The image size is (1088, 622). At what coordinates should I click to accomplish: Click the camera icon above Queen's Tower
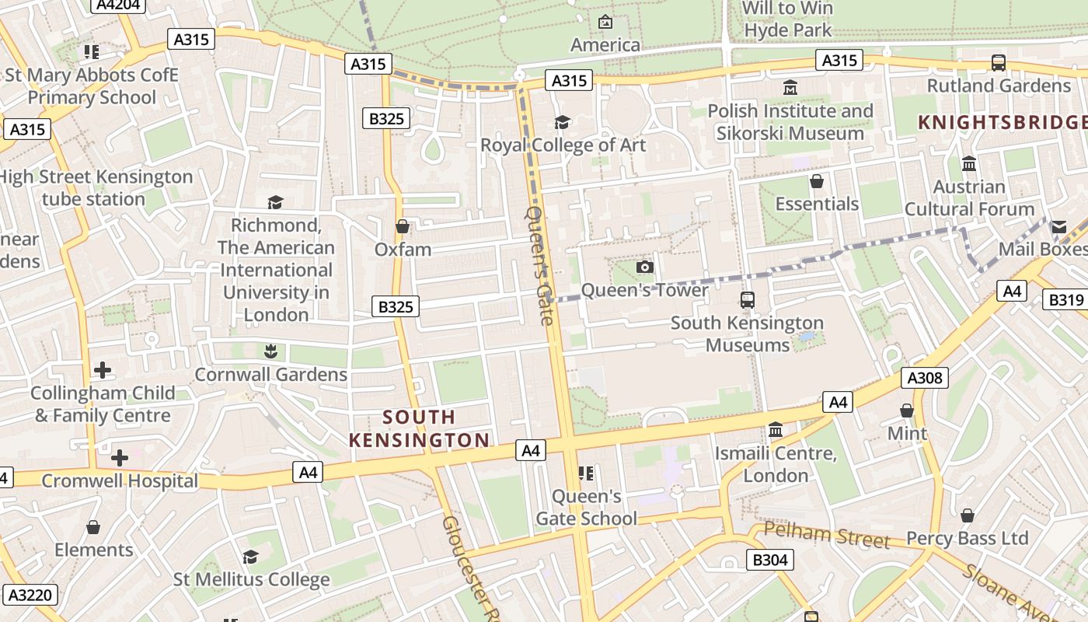click(x=644, y=267)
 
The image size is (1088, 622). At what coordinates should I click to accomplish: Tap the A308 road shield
click(x=925, y=379)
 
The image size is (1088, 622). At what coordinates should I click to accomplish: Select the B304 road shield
click(x=770, y=560)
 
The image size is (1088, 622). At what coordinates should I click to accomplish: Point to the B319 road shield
click(x=1065, y=300)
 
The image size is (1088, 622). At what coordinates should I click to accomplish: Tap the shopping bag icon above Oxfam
click(x=403, y=227)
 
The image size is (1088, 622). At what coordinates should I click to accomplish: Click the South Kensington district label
click(x=420, y=429)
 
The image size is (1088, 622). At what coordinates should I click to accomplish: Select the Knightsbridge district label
click(x=1003, y=122)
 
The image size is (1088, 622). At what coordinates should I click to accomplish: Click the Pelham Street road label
click(x=827, y=535)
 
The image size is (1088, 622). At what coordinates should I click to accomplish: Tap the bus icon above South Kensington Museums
click(x=748, y=300)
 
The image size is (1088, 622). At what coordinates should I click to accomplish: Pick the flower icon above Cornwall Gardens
click(x=270, y=351)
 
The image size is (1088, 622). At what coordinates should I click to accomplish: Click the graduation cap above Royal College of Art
click(x=562, y=123)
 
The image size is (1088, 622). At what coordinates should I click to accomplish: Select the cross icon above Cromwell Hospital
click(x=120, y=458)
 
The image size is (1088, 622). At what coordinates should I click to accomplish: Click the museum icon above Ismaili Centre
click(x=775, y=430)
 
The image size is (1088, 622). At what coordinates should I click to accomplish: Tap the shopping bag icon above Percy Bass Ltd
click(x=967, y=515)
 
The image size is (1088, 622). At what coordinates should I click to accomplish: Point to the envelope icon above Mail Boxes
click(x=1058, y=227)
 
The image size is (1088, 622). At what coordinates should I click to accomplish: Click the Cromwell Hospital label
click(x=120, y=480)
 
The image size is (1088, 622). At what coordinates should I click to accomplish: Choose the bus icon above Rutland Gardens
click(x=999, y=63)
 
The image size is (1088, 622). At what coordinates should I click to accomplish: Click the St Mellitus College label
click(x=251, y=580)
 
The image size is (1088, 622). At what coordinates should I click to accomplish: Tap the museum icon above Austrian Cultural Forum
click(x=969, y=164)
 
